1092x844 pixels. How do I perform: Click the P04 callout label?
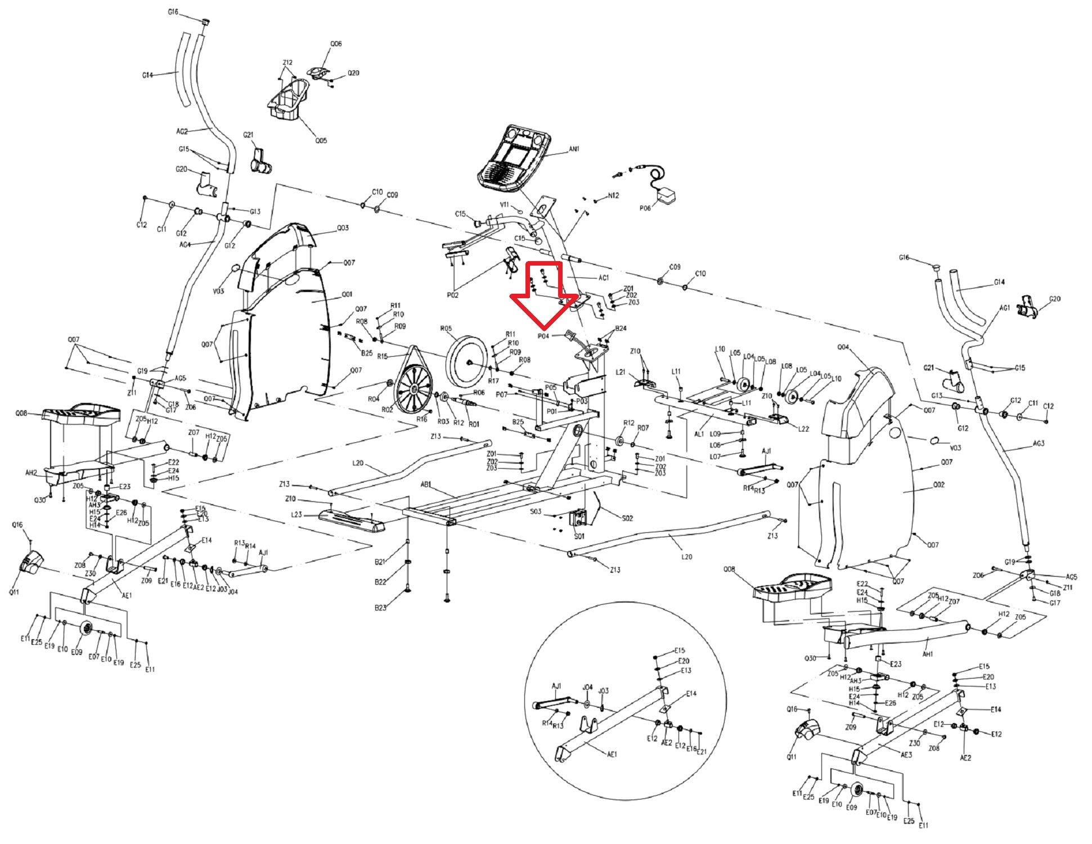[543, 336]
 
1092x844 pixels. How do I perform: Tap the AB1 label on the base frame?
[426, 484]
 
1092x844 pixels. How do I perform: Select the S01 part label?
[579, 536]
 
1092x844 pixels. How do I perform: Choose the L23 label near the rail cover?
[296, 514]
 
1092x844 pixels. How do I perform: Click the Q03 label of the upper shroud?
[343, 228]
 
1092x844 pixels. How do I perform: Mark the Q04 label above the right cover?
[843, 347]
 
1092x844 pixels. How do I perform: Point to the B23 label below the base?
[380, 608]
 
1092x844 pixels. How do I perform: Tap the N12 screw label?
[613, 196]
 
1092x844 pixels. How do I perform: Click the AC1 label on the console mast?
[604, 278]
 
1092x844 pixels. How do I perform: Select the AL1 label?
[699, 434]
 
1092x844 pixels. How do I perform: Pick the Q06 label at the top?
[336, 43]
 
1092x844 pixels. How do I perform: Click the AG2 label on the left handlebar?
[182, 132]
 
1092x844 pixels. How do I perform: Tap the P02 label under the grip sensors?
[452, 295]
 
